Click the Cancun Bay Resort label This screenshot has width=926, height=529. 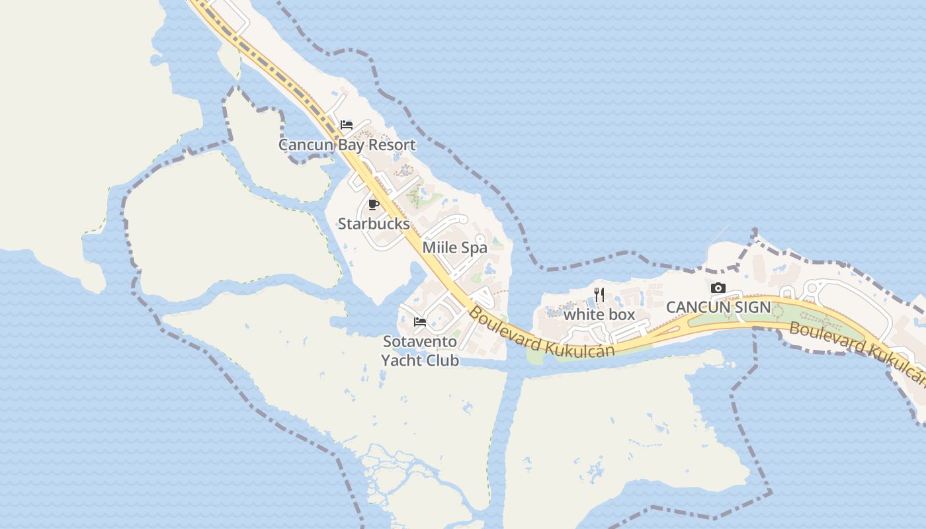347,145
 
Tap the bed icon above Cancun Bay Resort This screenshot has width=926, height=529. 347,125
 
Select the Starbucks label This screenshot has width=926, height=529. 374,224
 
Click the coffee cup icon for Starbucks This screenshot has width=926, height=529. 373,204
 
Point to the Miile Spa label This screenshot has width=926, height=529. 454,248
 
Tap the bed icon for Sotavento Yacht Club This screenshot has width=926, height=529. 420,322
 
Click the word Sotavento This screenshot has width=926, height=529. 420,342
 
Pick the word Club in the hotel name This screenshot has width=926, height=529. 441,360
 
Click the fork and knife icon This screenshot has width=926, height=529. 599,295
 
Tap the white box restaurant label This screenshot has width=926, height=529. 599,315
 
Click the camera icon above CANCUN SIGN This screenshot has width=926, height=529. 718,288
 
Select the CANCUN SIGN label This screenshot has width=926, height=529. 718,307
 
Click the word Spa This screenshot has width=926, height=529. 474,248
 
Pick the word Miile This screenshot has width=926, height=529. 439,248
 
